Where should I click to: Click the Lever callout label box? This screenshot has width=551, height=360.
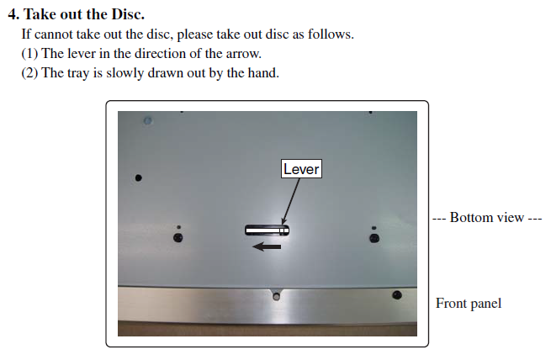(x=301, y=169)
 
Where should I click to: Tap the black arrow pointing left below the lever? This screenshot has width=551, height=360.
(x=267, y=246)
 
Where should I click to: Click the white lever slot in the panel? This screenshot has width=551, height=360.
(x=267, y=230)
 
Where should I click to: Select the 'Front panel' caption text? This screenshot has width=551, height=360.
(x=469, y=304)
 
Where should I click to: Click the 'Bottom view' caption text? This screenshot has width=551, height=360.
(x=487, y=217)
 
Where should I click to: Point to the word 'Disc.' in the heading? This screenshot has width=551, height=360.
(x=128, y=14)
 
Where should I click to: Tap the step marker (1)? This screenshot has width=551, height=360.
(x=29, y=54)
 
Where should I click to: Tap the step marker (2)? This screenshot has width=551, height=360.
(x=29, y=73)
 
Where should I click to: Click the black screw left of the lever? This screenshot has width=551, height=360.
(x=178, y=238)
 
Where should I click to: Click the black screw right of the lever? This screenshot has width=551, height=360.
(x=374, y=239)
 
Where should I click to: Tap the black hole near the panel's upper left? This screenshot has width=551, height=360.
(x=139, y=178)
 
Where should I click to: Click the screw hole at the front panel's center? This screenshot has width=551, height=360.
(x=277, y=297)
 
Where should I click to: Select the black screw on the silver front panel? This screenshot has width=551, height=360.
(x=397, y=294)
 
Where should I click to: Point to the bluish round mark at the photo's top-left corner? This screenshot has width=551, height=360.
(x=148, y=121)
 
